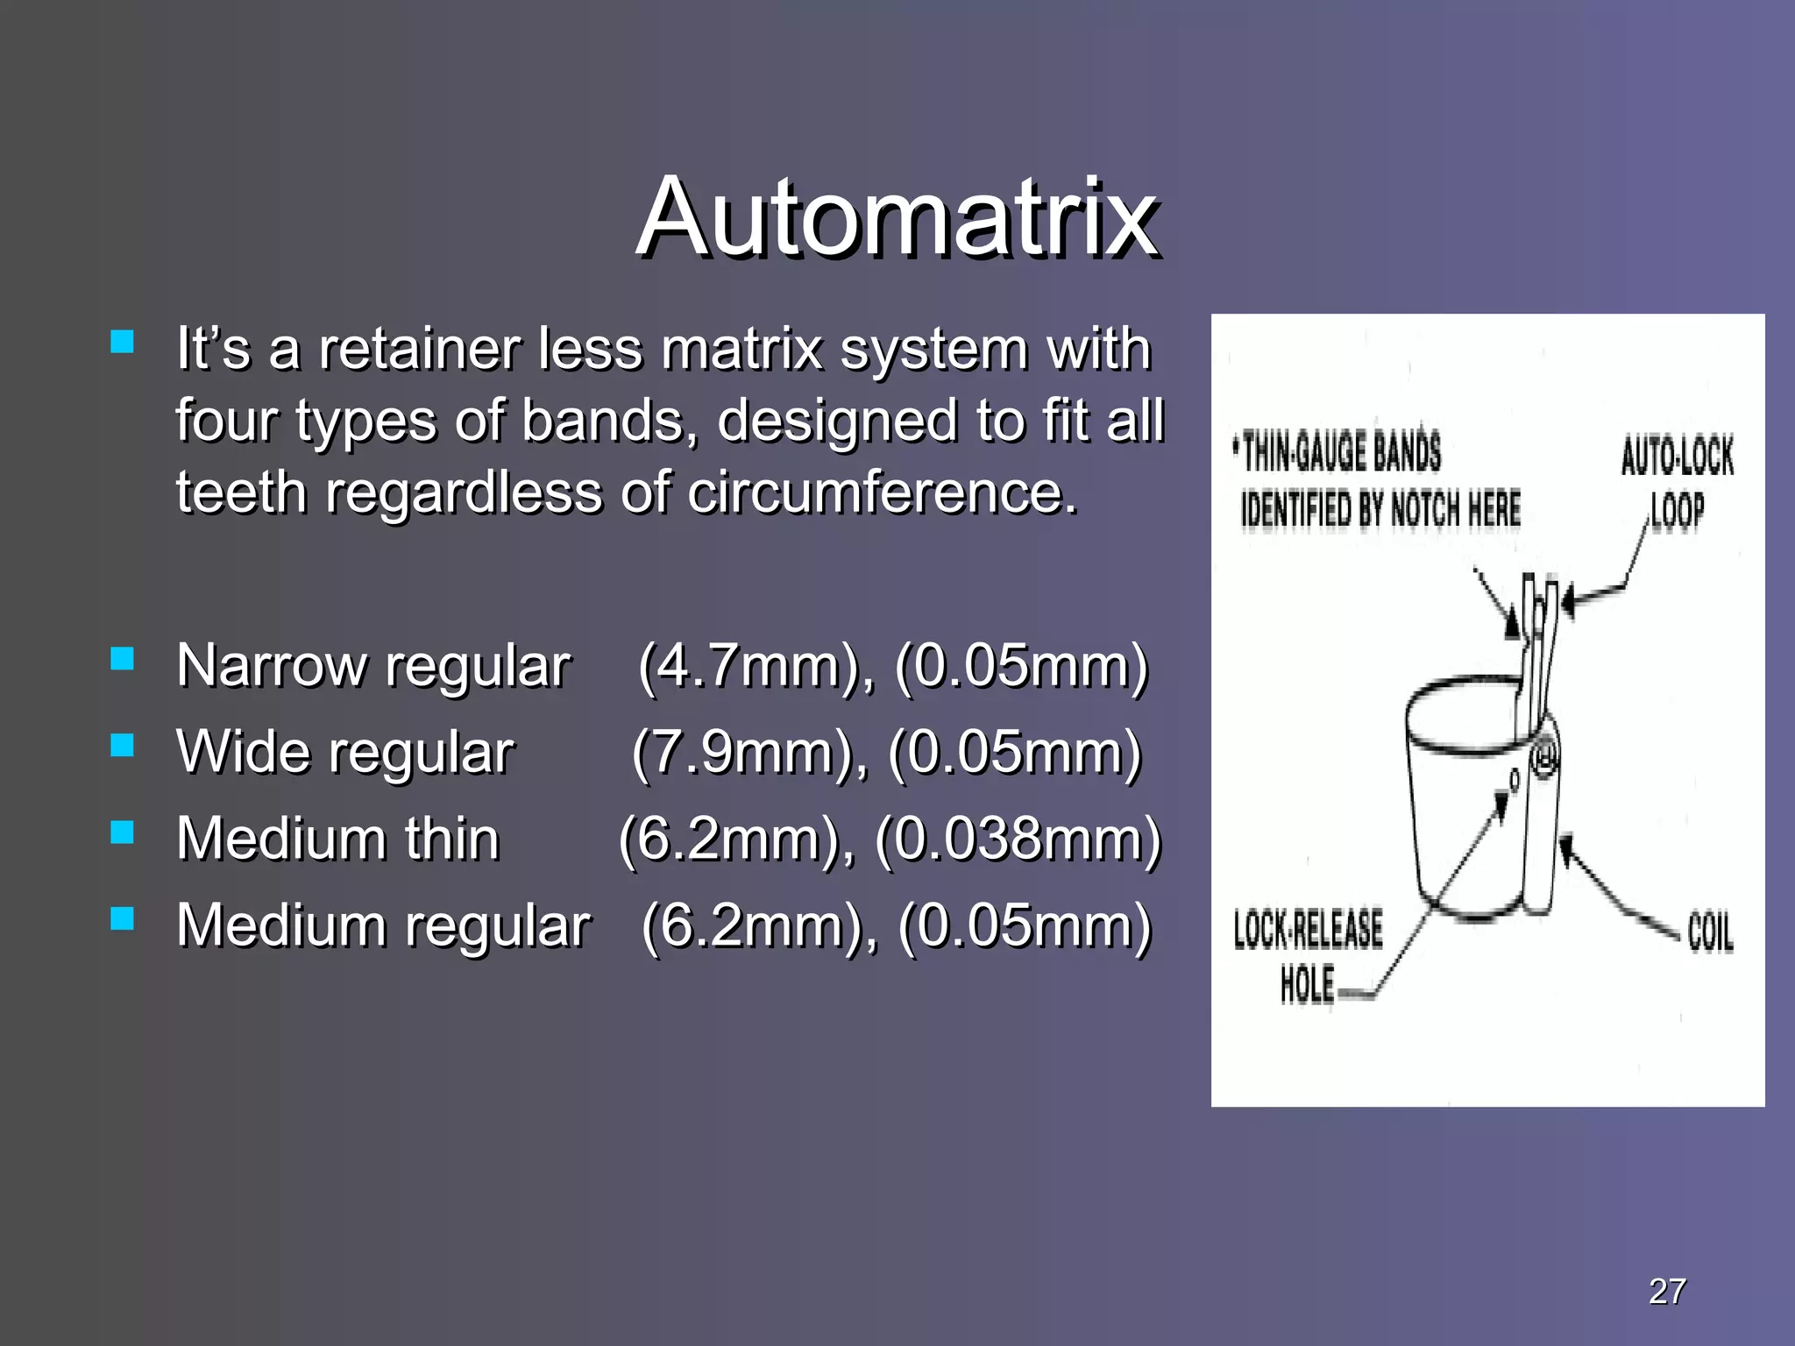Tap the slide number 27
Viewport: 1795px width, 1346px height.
(x=1667, y=1291)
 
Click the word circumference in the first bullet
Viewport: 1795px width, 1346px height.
(x=882, y=492)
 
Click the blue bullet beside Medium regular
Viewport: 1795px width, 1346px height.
(x=123, y=917)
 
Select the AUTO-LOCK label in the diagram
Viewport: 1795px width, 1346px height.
(x=1677, y=457)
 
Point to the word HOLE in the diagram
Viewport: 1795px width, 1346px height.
(x=1308, y=985)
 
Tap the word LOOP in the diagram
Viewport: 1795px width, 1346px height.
(x=1677, y=511)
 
